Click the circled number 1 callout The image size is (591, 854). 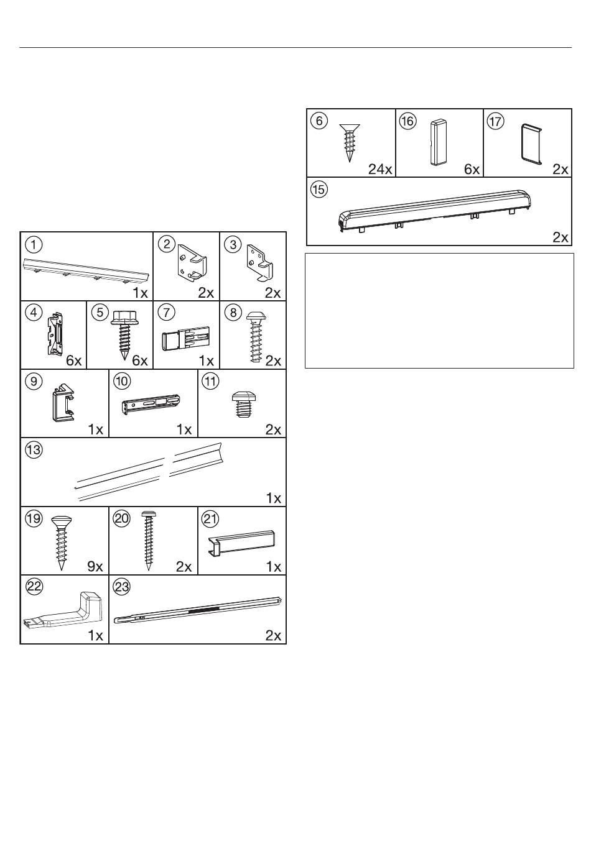[x=34, y=244]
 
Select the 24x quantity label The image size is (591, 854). [x=380, y=169]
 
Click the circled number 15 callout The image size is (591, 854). [x=319, y=190]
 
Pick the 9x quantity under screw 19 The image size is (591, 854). [x=95, y=567]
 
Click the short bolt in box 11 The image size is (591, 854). [x=243, y=404]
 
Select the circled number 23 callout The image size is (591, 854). [x=122, y=586]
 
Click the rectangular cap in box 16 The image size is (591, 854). [x=439, y=143]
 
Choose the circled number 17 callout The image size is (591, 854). [x=496, y=121]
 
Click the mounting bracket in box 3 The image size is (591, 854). [x=261, y=262]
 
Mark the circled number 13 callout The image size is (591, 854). [x=34, y=450]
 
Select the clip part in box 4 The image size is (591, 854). [x=56, y=334]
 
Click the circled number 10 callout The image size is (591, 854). [x=122, y=381]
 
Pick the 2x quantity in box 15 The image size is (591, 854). [x=561, y=237]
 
